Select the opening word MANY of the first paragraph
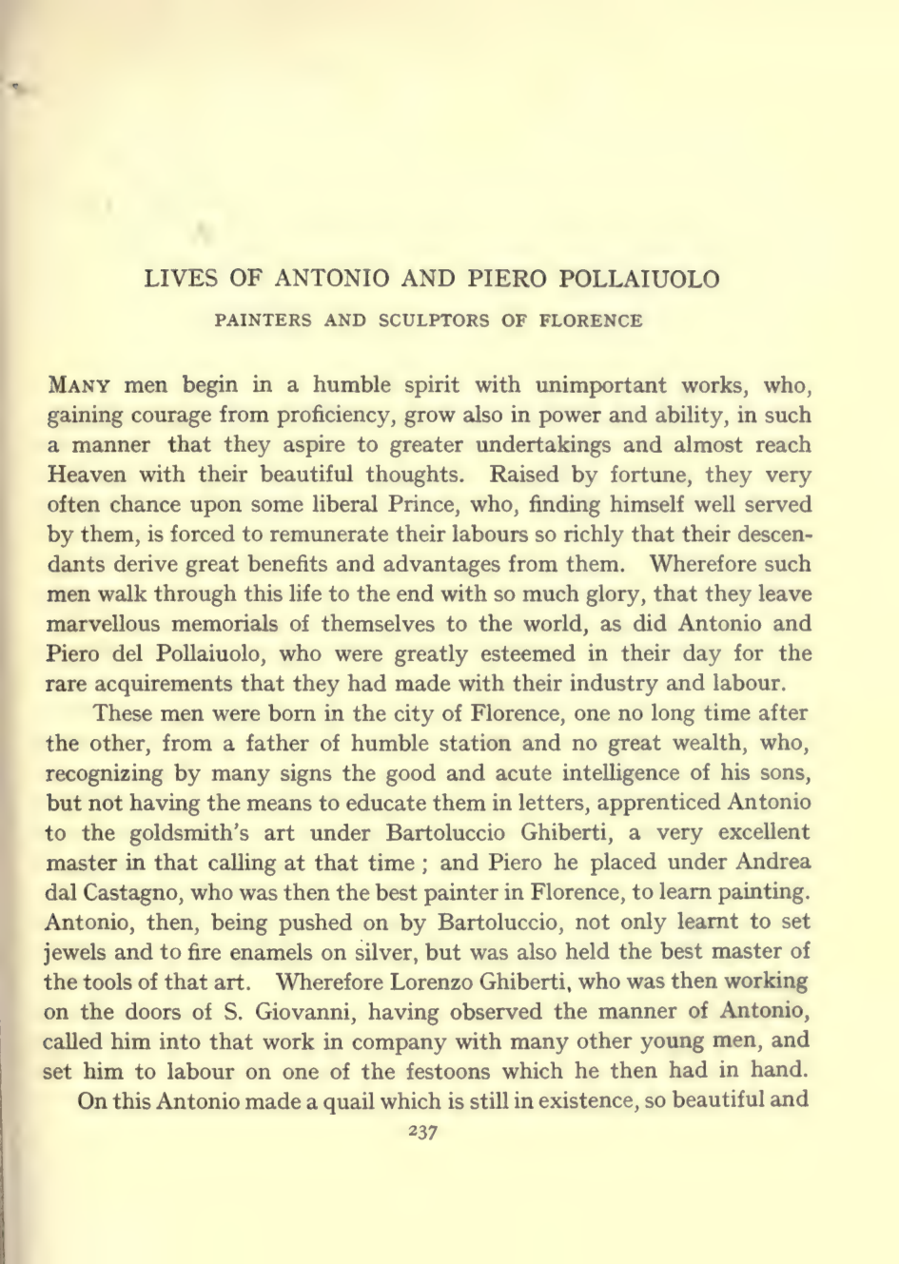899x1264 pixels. coord(81,385)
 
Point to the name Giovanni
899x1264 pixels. coord(299,1011)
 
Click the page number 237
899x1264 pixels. coord(421,1133)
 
